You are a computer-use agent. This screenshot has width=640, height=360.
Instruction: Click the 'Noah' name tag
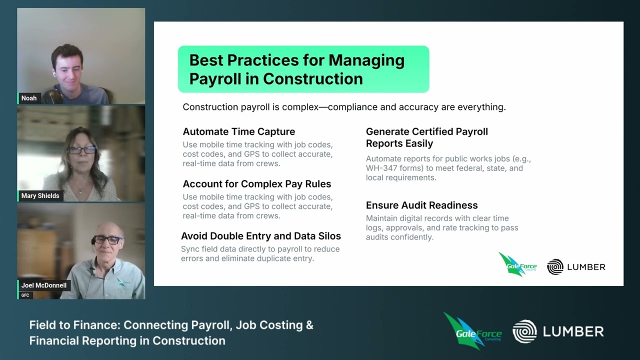point(29,98)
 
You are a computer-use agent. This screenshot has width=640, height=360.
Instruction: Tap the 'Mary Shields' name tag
point(40,195)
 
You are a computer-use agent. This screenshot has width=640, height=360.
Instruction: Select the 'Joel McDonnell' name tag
point(43,285)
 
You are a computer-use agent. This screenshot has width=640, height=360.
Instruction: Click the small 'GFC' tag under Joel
point(25,295)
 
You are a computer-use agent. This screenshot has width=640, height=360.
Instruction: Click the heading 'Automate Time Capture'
point(238,131)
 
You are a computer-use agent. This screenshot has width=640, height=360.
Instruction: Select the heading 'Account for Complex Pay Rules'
point(256,183)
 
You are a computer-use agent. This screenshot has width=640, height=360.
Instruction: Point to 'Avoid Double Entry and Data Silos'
point(260,236)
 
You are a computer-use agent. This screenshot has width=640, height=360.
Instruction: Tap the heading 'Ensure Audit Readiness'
point(421,205)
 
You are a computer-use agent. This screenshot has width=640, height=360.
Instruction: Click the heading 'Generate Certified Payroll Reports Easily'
point(426,137)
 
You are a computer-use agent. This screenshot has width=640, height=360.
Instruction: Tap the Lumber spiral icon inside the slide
point(555,267)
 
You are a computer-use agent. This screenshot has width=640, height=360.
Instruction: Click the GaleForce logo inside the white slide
point(517,264)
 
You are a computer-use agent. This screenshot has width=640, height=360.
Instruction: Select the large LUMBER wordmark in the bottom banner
point(573,331)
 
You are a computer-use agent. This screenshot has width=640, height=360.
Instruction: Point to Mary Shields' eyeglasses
point(81,150)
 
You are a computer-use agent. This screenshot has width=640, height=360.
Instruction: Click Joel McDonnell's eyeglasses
point(107,240)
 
